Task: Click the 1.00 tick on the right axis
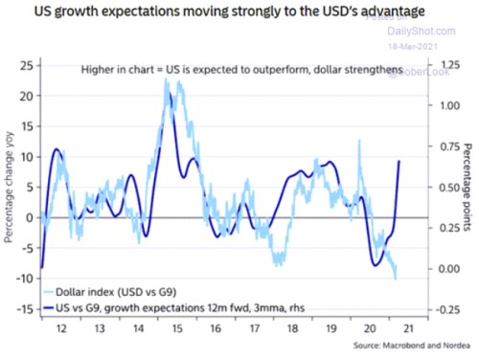[x=423, y=105]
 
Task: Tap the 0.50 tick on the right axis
[x=423, y=188]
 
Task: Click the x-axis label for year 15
[x=177, y=326]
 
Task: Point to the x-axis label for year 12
[x=60, y=326]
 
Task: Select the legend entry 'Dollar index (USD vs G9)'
[x=114, y=291]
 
